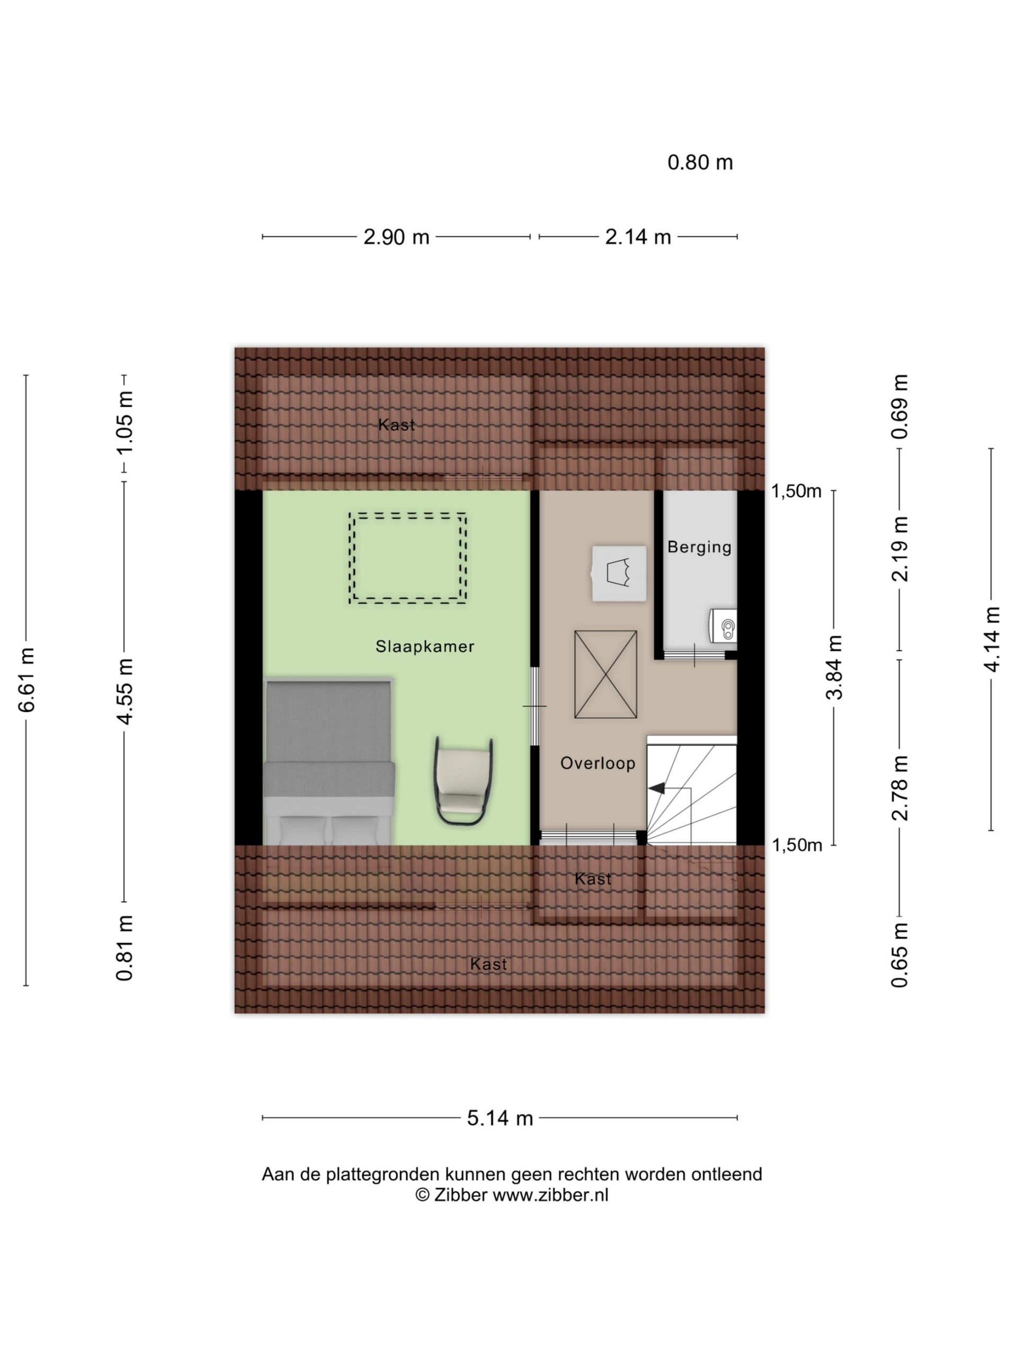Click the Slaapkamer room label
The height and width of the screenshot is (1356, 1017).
(x=425, y=646)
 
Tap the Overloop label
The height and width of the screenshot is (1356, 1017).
(x=597, y=763)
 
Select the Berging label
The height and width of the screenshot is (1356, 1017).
(x=700, y=547)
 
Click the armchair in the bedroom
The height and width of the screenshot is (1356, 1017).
(x=463, y=782)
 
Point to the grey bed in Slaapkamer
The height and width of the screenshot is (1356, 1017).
(x=328, y=761)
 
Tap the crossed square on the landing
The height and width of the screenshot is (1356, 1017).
(x=605, y=674)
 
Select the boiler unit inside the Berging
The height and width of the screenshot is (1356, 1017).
(x=724, y=626)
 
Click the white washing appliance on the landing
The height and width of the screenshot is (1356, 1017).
(x=619, y=573)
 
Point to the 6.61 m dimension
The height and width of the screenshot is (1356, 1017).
(x=26, y=679)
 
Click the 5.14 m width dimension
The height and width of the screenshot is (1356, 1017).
(x=499, y=1118)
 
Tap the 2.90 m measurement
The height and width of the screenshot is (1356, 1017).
(x=396, y=237)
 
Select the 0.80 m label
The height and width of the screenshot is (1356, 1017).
(x=700, y=163)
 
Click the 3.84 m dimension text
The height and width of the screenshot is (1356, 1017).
(x=834, y=667)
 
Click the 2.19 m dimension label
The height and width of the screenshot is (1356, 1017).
(x=900, y=549)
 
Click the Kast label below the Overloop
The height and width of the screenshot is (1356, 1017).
(x=593, y=879)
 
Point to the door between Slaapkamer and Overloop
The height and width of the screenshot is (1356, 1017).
(x=534, y=706)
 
